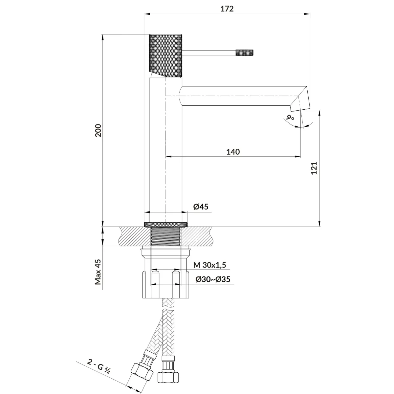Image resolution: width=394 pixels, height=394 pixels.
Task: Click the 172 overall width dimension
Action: (x=227, y=9)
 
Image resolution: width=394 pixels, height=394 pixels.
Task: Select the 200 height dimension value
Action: (x=98, y=130)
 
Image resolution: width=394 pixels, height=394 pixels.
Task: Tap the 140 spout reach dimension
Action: (x=233, y=152)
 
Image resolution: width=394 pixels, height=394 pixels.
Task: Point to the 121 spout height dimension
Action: (x=314, y=168)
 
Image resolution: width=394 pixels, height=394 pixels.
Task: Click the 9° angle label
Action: (x=290, y=118)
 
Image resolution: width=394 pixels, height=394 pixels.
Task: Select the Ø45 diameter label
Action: (x=201, y=207)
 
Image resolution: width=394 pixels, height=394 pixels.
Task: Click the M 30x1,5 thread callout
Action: (x=210, y=265)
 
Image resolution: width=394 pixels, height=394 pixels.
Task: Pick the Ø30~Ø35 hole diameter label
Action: (x=213, y=279)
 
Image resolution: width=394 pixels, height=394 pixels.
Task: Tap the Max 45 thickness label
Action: (x=98, y=272)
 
